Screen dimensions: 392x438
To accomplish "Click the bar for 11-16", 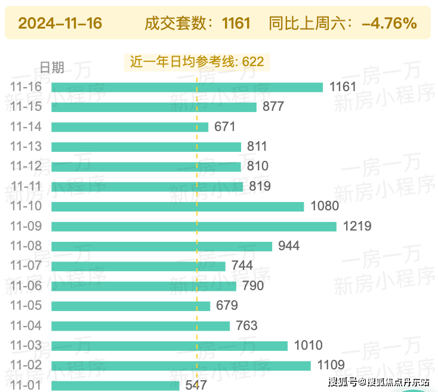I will (x=187, y=87).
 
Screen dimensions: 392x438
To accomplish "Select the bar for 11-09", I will (x=194, y=226).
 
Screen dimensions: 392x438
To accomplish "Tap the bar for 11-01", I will (x=115, y=385).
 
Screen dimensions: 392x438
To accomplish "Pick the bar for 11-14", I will (x=129, y=127).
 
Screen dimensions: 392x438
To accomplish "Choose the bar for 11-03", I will (x=169, y=346).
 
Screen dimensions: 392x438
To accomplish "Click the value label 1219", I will (x=357, y=226).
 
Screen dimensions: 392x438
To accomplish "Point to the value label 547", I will (x=196, y=385).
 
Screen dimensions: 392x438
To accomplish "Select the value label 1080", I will (x=325, y=206).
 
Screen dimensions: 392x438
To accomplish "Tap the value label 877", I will (x=273, y=107).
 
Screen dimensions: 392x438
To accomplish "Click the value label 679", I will (x=227, y=306).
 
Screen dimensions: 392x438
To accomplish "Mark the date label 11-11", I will (x=26, y=186).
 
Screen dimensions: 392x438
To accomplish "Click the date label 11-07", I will (x=26, y=266).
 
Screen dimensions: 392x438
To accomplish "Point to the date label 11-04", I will (x=26, y=326).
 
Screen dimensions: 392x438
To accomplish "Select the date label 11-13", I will (x=26, y=147).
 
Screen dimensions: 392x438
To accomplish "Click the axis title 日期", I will (x=51, y=67).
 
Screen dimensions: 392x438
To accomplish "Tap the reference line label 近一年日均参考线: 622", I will (x=197, y=61).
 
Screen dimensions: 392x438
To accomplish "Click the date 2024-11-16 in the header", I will (x=60, y=24).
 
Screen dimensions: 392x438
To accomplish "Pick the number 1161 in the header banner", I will (x=236, y=24).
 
